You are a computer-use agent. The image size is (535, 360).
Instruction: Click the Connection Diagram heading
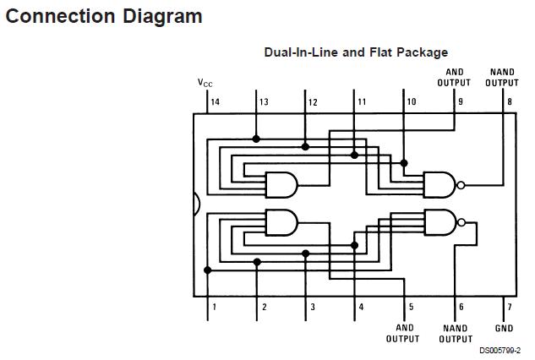pyautogui.click(x=104, y=16)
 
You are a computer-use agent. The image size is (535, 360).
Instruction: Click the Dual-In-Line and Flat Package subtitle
pyautogui.click(x=356, y=52)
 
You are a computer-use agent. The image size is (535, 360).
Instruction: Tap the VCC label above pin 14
pyautogui.click(x=205, y=83)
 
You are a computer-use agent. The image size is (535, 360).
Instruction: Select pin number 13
pyautogui.click(x=264, y=102)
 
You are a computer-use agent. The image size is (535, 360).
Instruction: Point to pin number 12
pyautogui.click(x=312, y=102)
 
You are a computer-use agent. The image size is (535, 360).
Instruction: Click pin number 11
pyautogui.click(x=361, y=102)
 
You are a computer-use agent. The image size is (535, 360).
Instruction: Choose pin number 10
pyautogui.click(x=411, y=102)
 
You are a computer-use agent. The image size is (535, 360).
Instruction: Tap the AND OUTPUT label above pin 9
pyautogui.click(x=454, y=78)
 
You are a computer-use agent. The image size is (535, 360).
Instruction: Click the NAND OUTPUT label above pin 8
pyautogui.click(x=502, y=78)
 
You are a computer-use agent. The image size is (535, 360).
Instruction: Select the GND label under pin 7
pyautogui.click(x=504, y=328)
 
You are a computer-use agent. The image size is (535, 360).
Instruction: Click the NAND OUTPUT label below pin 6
pyautogui.click(x=455, y=334)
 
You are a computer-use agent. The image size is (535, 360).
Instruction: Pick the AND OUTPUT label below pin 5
pyautogui.click(x=404, y=334)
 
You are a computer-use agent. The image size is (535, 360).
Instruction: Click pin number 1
pyautogui.click(x=214, y=307)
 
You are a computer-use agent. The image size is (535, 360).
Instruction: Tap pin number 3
pyautogui.click(x=312, y=307)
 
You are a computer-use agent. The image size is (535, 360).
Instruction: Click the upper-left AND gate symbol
pyautogui.click(x=281, y=184)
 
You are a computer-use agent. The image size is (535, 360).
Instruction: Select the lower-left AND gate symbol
pyautogui.click(x=281, y=222)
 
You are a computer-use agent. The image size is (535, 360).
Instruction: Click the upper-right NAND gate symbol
pyautogui.click(x=439, y=183)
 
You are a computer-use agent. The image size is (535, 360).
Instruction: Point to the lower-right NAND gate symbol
pyautogui.click(x=439, y=222)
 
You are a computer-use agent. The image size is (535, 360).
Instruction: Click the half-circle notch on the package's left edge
pyautogui.click(x=197, y=204)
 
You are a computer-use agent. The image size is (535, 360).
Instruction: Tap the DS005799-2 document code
pyautogui.click(x=499, y=351)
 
